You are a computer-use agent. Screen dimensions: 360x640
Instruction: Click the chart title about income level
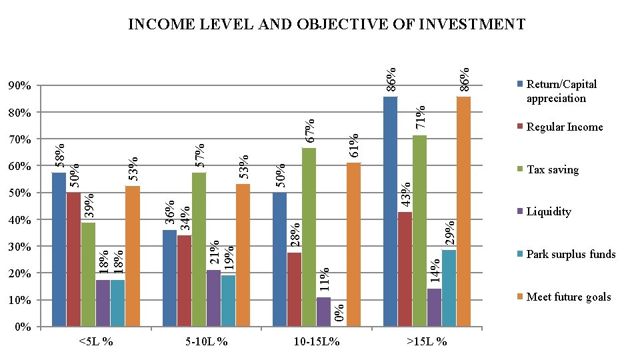[x=327, y=25]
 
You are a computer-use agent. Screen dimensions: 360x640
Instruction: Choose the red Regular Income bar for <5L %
[x=73, y=259]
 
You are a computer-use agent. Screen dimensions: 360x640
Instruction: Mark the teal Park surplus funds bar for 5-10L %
[x=228, y=301]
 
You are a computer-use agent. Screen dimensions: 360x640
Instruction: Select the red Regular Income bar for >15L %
[x=405, y=269]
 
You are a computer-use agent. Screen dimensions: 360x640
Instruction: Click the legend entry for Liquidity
[x=548, y=212]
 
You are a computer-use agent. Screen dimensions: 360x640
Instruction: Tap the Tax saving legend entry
[x=552, y=169]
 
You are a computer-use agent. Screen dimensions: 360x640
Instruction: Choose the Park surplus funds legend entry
[x=571, y=254]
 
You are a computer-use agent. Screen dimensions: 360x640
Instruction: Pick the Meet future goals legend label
[x=568, y=297]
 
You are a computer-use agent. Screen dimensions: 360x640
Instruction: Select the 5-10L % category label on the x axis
[x=207, y=342]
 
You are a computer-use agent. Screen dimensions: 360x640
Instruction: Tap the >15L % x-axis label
[x=427, y=342]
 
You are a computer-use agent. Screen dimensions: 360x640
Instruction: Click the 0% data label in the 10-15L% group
[x=339, y=313]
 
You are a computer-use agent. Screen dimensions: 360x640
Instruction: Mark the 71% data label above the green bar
[x=421, y=117]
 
